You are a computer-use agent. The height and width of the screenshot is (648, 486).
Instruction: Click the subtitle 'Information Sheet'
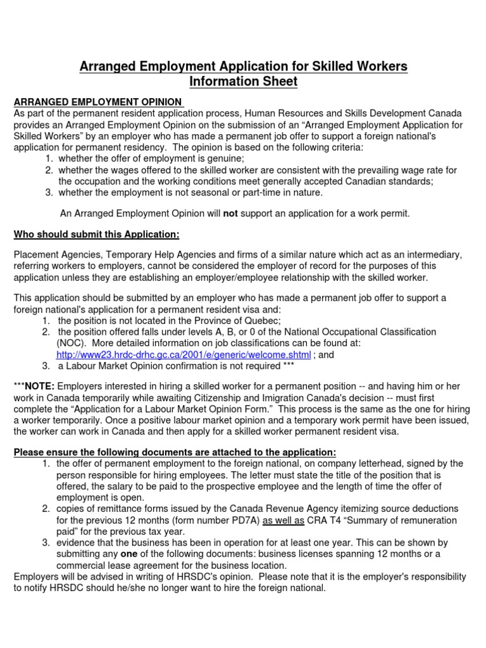point(244,82)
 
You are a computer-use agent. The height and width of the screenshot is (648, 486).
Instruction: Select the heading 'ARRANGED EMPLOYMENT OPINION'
point(97,102)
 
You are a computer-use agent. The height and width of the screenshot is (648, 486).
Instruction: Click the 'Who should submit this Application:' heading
point(96,234)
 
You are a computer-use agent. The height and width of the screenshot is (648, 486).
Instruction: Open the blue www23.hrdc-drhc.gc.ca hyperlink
point(184,354)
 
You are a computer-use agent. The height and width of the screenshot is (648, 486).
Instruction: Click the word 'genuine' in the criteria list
point(221,158)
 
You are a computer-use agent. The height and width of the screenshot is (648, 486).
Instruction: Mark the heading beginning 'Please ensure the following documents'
point(175,452)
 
